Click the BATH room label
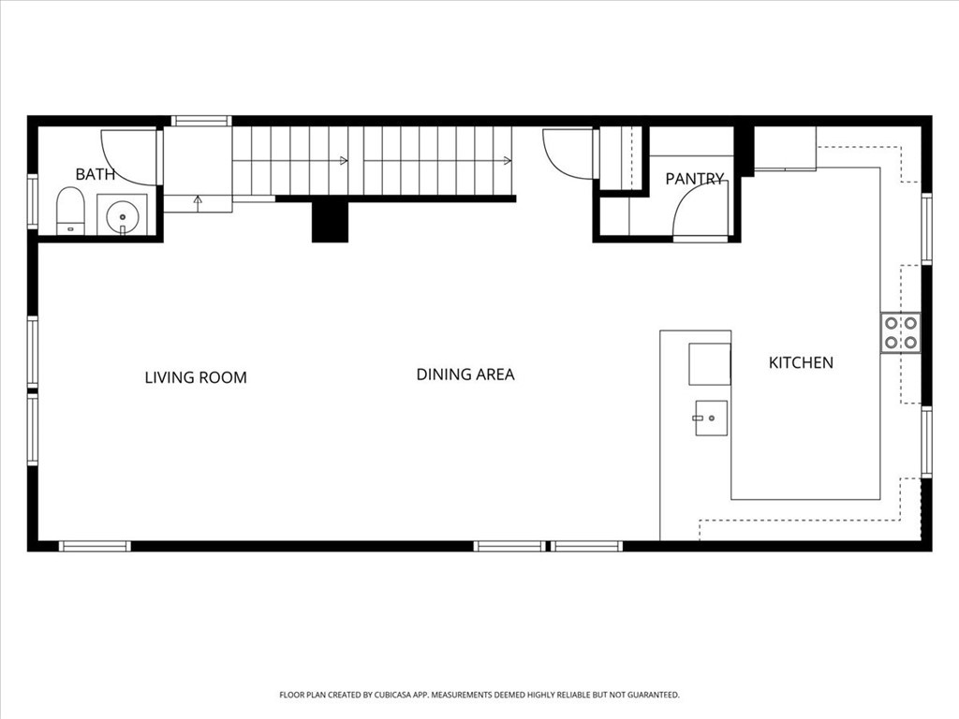point(95,174)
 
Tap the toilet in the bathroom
point(70,211)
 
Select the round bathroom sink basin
point(123,217)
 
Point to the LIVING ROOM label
point(196,378)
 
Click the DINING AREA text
point(465,374)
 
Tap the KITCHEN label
point(801,362)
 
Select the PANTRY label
point(695,179)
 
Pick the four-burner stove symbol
point(900,332)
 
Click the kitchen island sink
point(712,418)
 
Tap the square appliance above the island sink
point(710,364)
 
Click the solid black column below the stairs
point(330,221)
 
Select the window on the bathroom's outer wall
point(33,202)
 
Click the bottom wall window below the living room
point(95,546)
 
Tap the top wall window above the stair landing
point(201,121)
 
